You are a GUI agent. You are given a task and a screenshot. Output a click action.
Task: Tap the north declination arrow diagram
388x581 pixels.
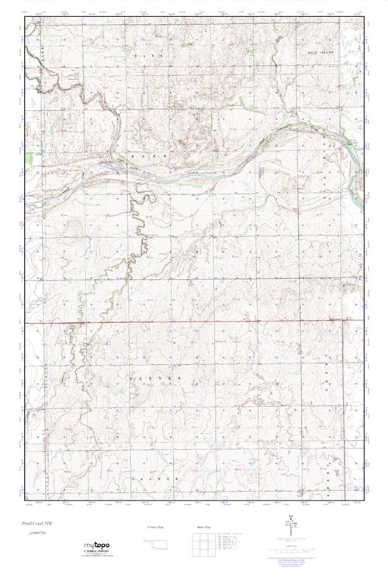[x=292, y=528]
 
